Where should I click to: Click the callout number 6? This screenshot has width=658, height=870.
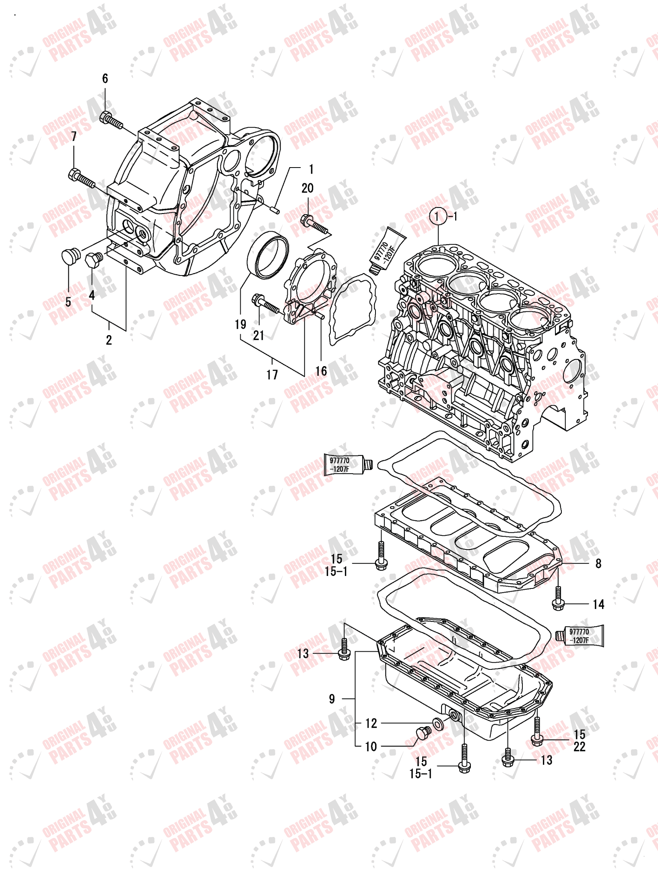105,79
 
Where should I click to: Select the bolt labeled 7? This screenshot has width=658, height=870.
82,179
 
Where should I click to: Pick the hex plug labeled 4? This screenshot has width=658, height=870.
94,259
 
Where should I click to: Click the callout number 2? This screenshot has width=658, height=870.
109,340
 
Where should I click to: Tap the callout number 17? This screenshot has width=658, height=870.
272,375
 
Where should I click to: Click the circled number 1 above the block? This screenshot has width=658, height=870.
437,217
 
